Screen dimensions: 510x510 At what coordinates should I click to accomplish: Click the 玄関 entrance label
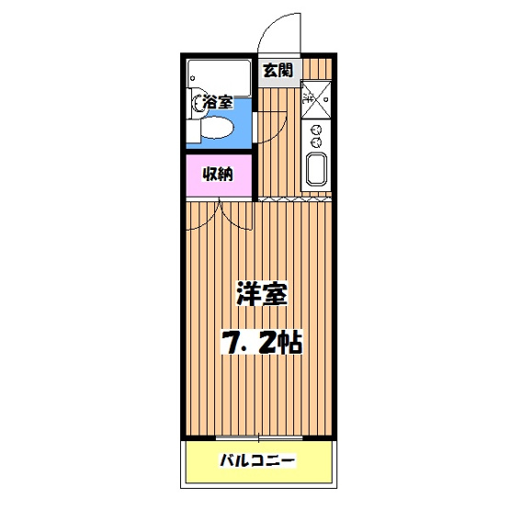278,70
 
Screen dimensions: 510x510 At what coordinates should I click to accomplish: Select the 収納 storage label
218,174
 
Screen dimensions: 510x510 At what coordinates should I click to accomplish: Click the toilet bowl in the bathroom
218,131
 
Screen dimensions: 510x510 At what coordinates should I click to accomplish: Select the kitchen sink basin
315,170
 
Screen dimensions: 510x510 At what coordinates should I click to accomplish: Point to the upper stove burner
315,129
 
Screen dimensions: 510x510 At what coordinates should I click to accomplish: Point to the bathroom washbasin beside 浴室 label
198,104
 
